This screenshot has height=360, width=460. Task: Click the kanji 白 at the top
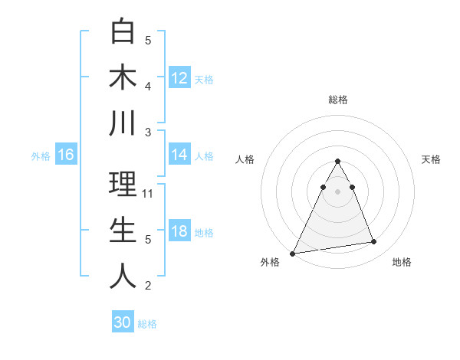click(123, 31)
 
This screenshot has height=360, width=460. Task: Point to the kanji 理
click(123, 185)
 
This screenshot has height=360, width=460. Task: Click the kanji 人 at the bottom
click(123, 276)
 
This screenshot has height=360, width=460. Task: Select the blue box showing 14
click(179, 155)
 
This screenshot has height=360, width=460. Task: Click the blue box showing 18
click(179, 231)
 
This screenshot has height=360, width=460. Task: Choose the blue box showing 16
click(66, 155)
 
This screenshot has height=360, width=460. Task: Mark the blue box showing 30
click(123, 322)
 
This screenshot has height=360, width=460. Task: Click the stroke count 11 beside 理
click(149, 194)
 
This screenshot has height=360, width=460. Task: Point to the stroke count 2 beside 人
click(148, 286)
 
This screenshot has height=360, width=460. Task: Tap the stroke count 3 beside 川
click(148, 133)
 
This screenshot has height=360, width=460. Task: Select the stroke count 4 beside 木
click(148, 87)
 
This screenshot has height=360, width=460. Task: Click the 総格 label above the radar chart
click(337, 100)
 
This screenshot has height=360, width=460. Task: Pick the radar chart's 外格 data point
click(293, 253)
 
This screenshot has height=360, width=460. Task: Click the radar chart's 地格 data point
click(374, 242)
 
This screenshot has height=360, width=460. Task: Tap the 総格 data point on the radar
click(337, 161)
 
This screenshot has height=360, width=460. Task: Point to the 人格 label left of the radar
click(245, 159)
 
